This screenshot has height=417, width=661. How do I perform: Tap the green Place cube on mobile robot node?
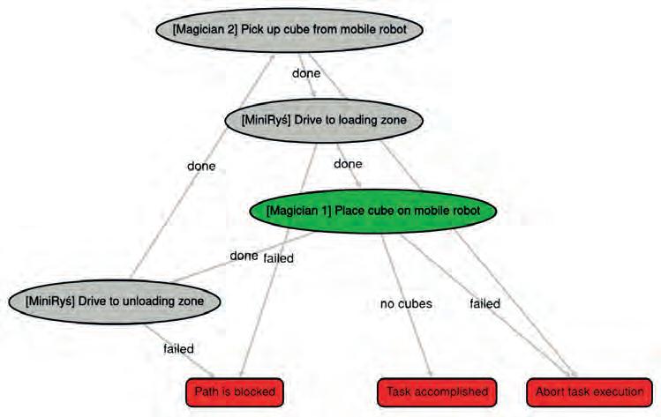coord(373,212)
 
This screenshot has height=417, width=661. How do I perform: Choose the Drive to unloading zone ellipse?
coord(115,302)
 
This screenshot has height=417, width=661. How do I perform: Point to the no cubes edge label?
coord(407,304)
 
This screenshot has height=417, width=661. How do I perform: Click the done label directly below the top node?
coord(305,74)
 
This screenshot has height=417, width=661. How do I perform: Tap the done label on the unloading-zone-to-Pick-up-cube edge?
coord(201,165)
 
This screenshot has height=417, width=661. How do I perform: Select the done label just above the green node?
coord(348,164)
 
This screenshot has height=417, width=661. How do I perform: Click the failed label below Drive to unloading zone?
coord(178,348)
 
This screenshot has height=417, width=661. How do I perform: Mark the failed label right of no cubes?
coord(484,304)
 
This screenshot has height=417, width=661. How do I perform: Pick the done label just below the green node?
coord(244,257)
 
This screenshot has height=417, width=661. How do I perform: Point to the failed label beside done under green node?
coord(279,258)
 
